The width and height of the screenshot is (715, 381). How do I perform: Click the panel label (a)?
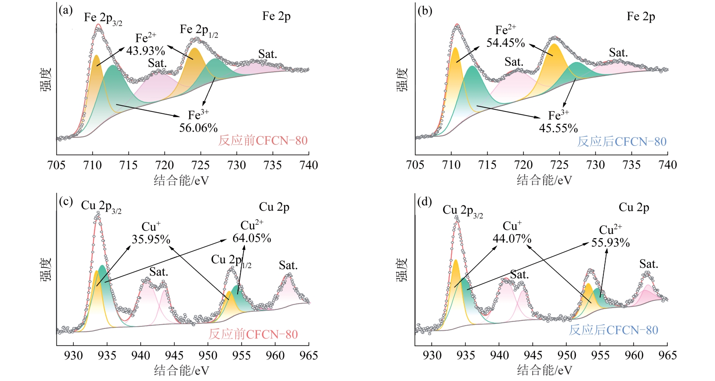coord(65,11)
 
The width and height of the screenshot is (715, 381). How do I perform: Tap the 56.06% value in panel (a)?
coord(198,128)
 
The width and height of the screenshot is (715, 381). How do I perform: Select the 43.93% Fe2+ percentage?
coord(146,50)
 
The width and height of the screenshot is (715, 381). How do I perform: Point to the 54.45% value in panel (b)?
coord(505,43)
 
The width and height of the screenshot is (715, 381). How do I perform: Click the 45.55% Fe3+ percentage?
coord(558,128)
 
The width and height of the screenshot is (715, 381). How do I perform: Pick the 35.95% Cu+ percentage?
coord(151,239)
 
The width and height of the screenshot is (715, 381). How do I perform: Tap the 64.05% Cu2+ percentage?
coord(252,238)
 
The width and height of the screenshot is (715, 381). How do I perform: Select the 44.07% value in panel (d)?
coord(512,239)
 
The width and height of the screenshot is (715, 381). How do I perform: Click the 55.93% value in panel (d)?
coord(610,242)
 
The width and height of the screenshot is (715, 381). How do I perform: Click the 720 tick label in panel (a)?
coord(165,165)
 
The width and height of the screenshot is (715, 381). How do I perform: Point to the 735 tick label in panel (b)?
coord(631,165)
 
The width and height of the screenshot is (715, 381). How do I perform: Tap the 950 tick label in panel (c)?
coord(208,356)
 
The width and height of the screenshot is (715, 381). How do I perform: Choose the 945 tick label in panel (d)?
coord(533,356)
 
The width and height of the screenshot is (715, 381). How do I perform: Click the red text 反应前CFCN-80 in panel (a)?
coord(263,141)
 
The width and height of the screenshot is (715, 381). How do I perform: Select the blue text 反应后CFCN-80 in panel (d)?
coord(614,330)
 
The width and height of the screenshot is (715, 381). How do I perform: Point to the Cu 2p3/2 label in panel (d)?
coord(462,211)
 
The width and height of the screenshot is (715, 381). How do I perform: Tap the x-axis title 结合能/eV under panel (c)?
coord(181,370)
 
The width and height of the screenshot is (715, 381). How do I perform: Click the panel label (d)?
coord(424,202)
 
